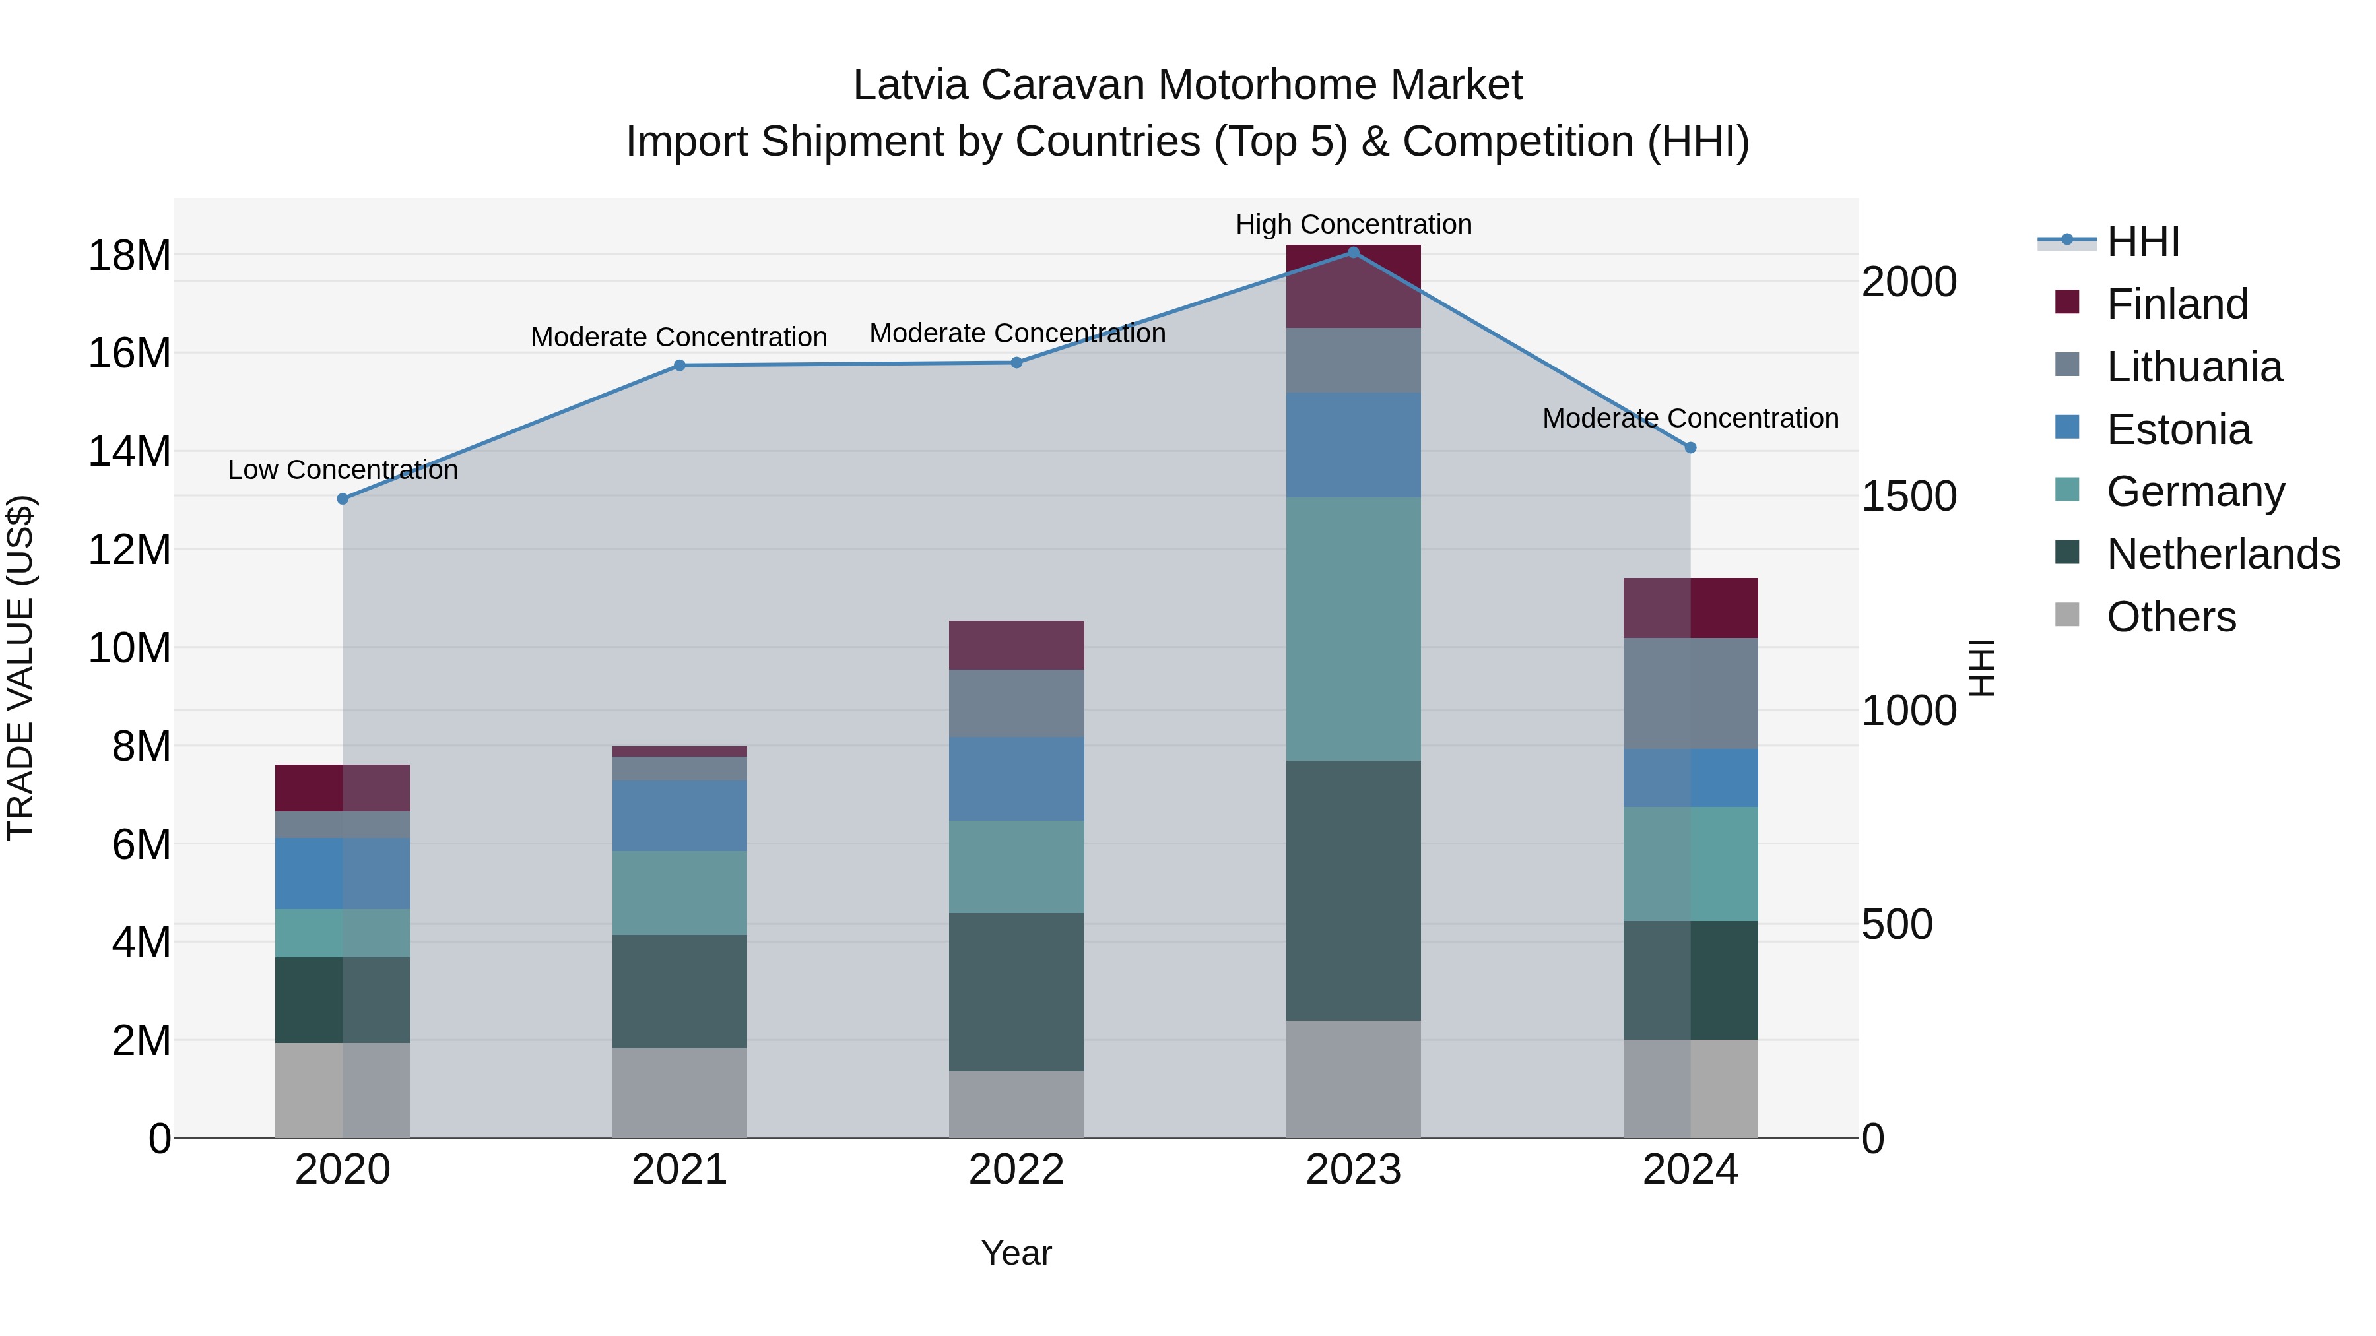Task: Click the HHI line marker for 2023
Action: pyautogui.click(x=1353, y=253)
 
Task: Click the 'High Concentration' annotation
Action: pyautogui.click(x=1353, y=224)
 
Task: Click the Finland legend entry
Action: pyautogui.click(x=2177, y=304)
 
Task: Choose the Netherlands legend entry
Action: pyautogui.click(x=2223, y=554)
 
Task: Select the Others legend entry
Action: pyautogui.click(x=2171, y=617)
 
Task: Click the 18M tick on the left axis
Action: pyautogui.click(x=129, y=255)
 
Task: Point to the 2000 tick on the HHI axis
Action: pyautogui.click(x=1908, y=282)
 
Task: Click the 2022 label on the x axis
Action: pyautogui.click(x=1016, y=1170)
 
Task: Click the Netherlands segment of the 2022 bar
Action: pyautogui.click(x=1016, y=992)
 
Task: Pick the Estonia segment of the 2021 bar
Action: pyautogui.click(x=680, y=816)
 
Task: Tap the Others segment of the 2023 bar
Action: pyautogui.click(x=1353, y=1079)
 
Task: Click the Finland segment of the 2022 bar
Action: pyautogui.click(x=1016, y=645)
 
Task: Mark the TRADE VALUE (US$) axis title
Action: pyautogui.click(x=20, y=668)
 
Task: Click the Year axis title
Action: pyautogui.click(x=1016, y=1254)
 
